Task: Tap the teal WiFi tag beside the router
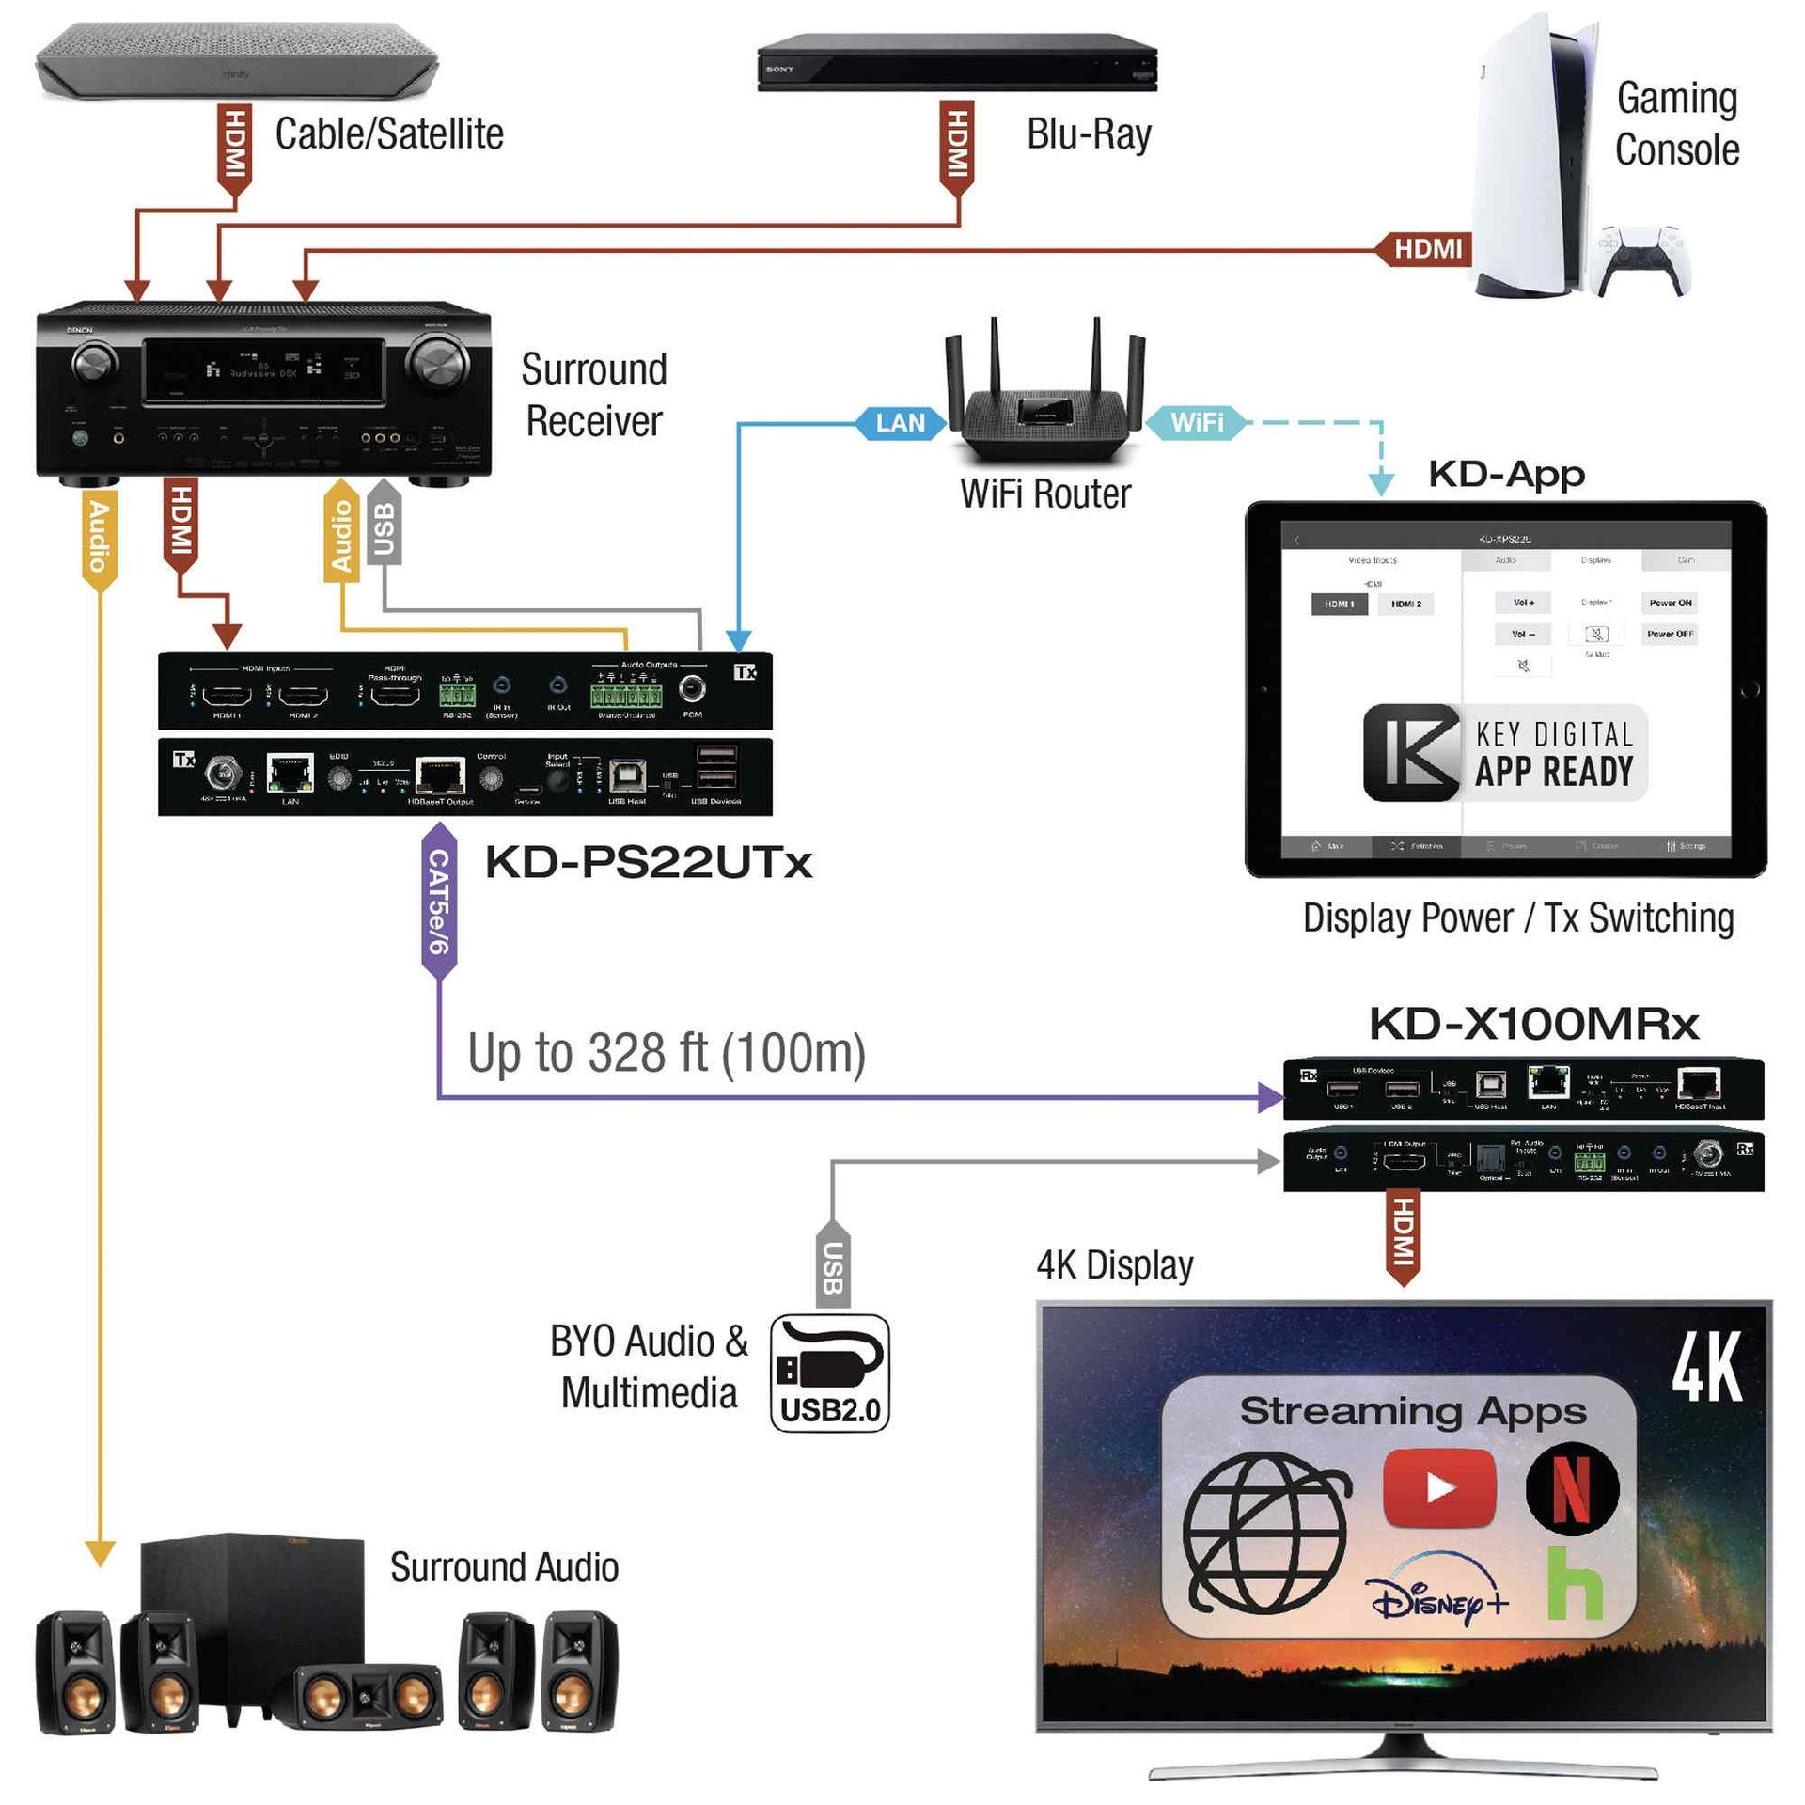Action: [1195, 422]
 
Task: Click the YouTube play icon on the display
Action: [1437, 1487]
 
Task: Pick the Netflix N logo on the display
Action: [1570, 1487]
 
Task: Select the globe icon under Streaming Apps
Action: [1264, 1532]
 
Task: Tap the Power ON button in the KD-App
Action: [1669, 602]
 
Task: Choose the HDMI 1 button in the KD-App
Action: [1339, 603]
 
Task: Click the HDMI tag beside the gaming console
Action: [1425, 248]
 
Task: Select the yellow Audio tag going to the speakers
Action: [99, 536]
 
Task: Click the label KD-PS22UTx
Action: [648, 862]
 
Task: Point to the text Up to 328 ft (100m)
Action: [666, 1052]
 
